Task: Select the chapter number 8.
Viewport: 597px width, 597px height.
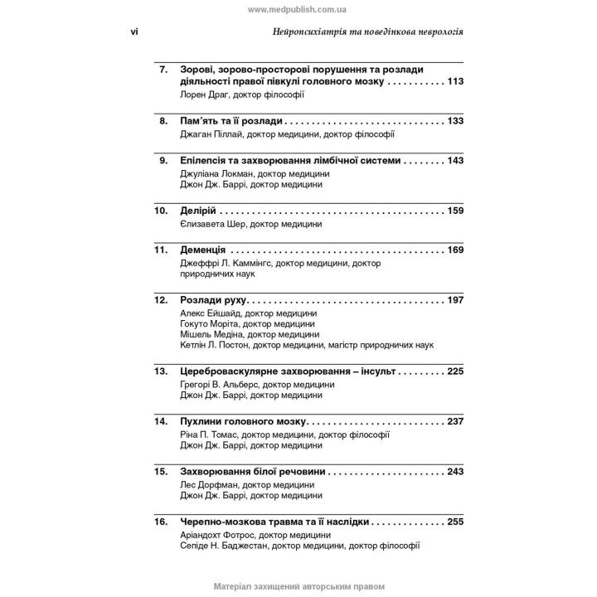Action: click(163, 121)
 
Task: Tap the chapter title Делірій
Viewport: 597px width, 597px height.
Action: click(198, 211)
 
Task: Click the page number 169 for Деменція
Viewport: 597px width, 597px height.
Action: click(454, 250)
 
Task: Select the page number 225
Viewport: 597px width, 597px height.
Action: click(454, 371)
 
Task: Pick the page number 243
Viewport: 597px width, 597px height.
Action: click(454, 472)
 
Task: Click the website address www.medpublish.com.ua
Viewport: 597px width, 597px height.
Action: click(298, 8)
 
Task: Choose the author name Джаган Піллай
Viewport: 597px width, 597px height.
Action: click(212, 133)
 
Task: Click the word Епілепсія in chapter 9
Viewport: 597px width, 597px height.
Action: click(206, 160)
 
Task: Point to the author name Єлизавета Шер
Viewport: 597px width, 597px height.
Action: click(212, 224)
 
